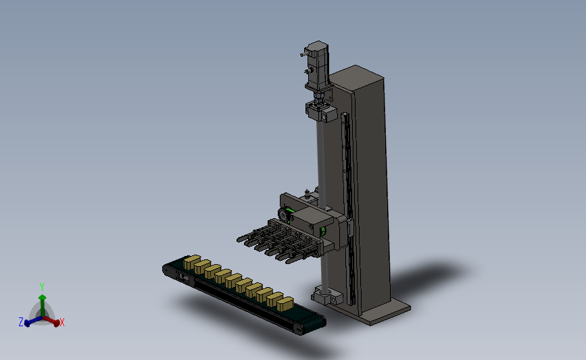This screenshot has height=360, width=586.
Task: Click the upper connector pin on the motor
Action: point(303,55)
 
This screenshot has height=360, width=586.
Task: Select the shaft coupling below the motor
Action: point(318,97)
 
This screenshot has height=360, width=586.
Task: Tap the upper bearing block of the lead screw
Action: point(322,111)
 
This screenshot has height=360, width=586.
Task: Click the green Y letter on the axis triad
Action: point(42,287)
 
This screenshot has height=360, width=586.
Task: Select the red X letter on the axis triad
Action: point(62,322)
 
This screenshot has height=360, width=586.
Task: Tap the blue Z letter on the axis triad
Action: point(21,322)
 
